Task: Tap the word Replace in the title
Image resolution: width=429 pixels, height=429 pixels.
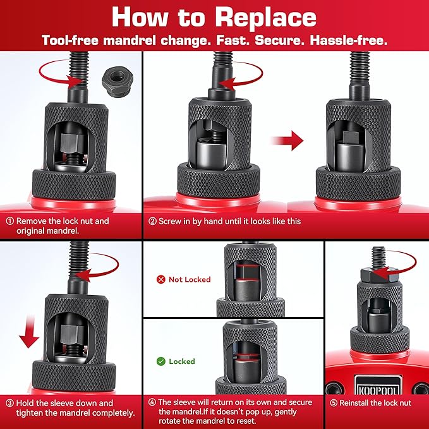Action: click(265, 18)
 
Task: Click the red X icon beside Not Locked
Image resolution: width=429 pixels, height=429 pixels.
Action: click(161, 279)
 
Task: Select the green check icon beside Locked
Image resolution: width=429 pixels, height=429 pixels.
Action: click(161, 361)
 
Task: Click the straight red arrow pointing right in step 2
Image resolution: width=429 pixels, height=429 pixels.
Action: click(287, 141)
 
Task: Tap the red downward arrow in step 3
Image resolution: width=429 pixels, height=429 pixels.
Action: click(29, 332)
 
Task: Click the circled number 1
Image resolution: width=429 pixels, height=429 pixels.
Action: click(10, 221)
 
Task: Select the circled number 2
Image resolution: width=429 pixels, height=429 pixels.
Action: click(152, 221)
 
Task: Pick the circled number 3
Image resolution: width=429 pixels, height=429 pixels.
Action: click(9, 403)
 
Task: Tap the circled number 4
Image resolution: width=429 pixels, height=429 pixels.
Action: click(152, 402)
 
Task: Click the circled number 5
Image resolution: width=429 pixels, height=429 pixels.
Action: click(333, 403)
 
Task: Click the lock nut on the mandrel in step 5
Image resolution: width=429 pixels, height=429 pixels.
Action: click(379, 275)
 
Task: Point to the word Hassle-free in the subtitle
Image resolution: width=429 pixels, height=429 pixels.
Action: click(349, 40)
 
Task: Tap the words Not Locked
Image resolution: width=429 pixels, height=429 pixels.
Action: click(190, 279)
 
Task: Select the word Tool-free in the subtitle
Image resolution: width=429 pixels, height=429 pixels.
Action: click(70, 40)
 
